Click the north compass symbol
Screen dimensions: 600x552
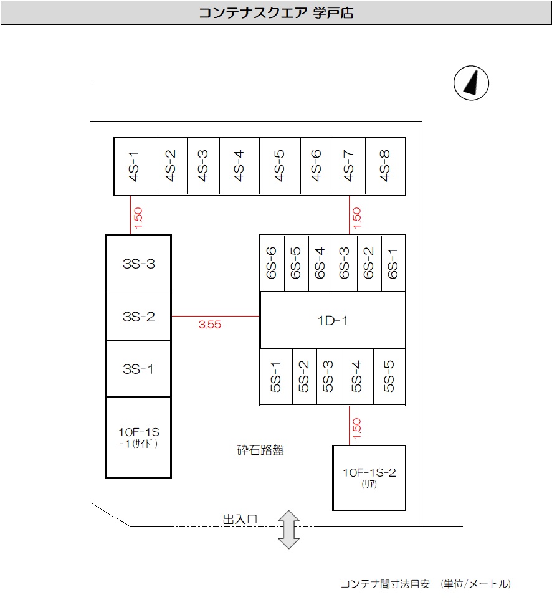[x=472, y=83]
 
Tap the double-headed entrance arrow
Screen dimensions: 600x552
[x=288, y=529]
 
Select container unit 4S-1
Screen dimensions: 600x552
[x=134, y=166]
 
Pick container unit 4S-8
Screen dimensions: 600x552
[x=386, y=166]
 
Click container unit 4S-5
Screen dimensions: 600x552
[x=280, y=166]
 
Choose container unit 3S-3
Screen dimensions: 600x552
[x=138, y=264]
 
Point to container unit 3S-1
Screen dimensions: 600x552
[x=138, y=369]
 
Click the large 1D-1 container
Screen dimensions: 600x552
[x=333, y=320]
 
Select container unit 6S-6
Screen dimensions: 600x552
[x=272, y=264]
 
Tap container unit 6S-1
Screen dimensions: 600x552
[x=393, y=264]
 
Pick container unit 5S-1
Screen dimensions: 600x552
[x=276, y=377]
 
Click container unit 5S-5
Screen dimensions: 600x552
[x=389, y=377]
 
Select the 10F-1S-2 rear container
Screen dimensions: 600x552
[x=369, y=477]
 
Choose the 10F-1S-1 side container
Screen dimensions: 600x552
[x=138, y=437]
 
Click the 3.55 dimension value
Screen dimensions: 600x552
[x=210, y=325]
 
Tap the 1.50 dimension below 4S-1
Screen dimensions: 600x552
[x=138, y=216]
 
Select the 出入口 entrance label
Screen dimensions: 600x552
[x=240, y=518]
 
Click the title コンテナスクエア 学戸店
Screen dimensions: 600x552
[x=276, y=13]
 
